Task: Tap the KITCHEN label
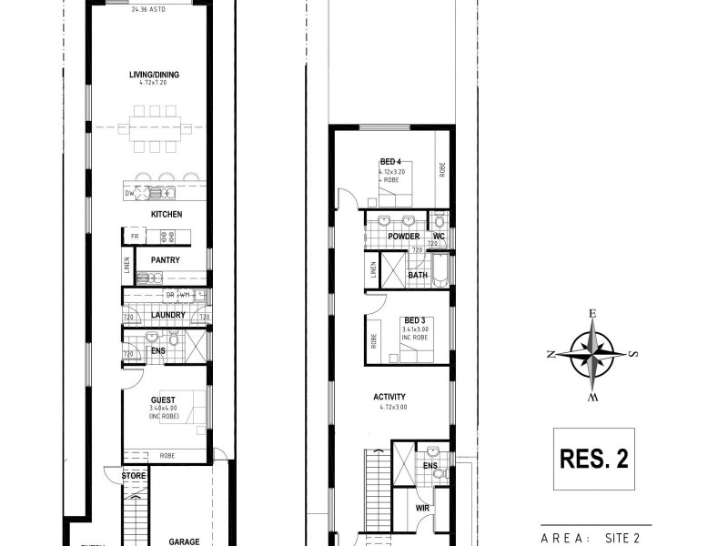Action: coord(167,214)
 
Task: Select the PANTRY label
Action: coord(166,260)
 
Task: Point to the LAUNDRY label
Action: coord(168,315)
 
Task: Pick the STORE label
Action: coord(133,474)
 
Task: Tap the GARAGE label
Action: coord(184,541)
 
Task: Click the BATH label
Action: coord(418,275)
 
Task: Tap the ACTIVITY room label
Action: coord(389,397)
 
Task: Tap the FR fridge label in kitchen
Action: coord(134,237)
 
